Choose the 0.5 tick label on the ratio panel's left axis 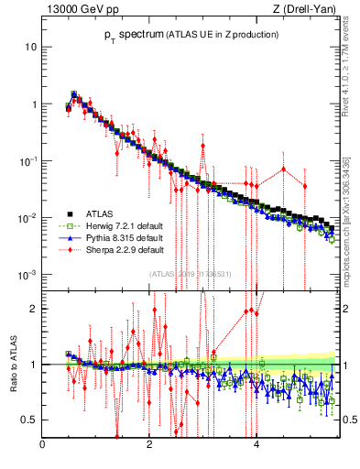[x=29, y=420]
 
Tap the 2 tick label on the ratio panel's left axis [x=34, y=309]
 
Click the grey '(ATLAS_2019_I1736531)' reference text [x=190, y=273]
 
